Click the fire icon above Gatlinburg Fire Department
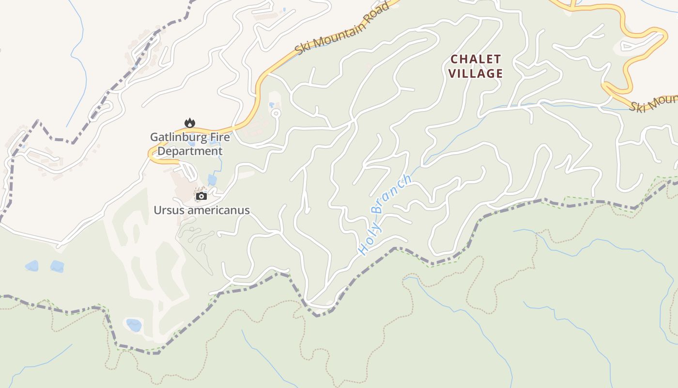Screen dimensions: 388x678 click(x=189, y=123)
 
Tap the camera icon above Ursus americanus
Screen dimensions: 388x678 click(x=201, y=196)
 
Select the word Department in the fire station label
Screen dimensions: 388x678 click(x=190, y=151)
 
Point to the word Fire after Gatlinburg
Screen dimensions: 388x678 click(x=218, y=137)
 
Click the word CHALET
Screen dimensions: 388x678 click(x=476, y=59)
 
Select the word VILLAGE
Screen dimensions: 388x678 click(x=476, y=74)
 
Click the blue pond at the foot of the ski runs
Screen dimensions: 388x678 click(x=134, y=324)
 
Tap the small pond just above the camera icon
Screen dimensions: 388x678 click(x=212, y=180)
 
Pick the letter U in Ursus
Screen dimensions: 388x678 click(x=157, y=210)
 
